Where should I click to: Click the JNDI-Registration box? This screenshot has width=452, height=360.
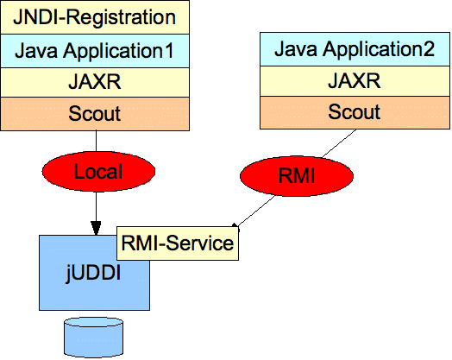click(95, 17)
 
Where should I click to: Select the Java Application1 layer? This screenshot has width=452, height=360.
click(95, 51)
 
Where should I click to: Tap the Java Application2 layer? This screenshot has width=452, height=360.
click(355, 49)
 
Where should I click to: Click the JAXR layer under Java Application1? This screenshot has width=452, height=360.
click(95, 83)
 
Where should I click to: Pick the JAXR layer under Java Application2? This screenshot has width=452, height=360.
click(355, 81)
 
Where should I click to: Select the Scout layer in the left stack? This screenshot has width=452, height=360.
click(95, 114)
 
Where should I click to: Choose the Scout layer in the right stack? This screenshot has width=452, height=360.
click(355, 112)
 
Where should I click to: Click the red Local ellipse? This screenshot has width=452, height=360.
click(98, 171)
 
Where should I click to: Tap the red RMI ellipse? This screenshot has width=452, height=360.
click(297, 176)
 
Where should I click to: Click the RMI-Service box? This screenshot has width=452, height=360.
click(178, 243)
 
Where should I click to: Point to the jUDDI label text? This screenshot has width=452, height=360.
click(93, 273)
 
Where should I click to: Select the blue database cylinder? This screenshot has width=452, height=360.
click(94, 338)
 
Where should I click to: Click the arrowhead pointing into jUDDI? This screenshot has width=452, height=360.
click(96, 228)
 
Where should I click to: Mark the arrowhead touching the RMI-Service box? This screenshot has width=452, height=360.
click(235, 226)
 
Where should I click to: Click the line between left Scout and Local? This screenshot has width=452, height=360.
click(96, 141)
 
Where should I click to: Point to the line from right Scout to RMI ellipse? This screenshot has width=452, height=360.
click(339, 143)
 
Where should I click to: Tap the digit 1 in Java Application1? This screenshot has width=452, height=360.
click(168, 51)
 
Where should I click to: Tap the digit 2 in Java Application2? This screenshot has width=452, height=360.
click(429, 49)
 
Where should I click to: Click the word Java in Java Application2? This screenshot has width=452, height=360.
click(296, 49)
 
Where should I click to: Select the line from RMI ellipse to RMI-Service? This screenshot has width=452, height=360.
click(255, 210)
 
